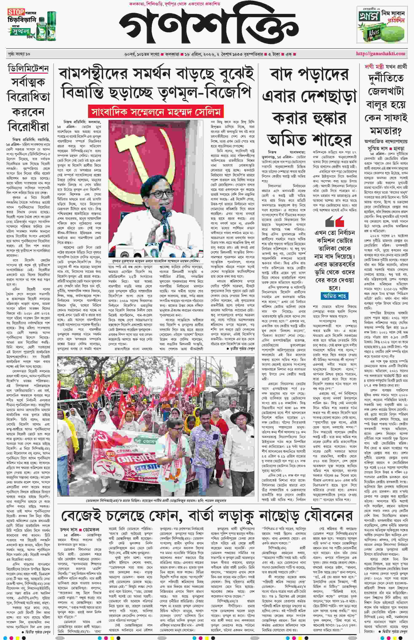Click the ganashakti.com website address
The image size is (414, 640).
[380, 53]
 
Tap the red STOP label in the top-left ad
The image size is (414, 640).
[16, 12]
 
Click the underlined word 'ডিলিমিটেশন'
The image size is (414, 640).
[28, 68]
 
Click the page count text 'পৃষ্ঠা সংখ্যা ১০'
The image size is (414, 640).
[19, 54]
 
